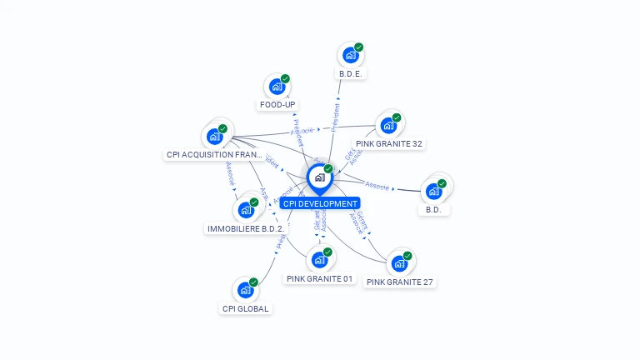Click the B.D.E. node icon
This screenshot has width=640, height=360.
click(x=351, y=56)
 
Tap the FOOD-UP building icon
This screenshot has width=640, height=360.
click(x=277, y=87)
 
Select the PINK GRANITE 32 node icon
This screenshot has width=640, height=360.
click(x=387, y=126)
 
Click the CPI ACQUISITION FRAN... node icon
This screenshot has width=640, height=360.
click(x=214, y=136)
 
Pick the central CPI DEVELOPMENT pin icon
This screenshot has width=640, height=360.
click(x=319, y=177)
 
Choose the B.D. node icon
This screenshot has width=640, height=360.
click(x=433, y=191)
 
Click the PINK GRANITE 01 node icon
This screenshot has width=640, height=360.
click(x=319, y=260)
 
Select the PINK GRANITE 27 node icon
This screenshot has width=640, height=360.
click(x=399, y=263)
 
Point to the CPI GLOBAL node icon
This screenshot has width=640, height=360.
click(x=245, y=290)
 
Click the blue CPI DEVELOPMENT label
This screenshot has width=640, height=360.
click(x=320, y=203)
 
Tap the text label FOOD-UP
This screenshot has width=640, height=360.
click(x=277, y=105)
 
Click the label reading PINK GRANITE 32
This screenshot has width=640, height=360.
click(x=389, y=144)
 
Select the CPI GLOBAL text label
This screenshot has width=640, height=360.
click(x=246, y=308)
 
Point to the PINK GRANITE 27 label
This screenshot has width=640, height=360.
click(x=400, y=282)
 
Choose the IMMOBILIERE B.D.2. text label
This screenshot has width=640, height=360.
click(x=246, y=228)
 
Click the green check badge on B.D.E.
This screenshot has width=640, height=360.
click(x=358, y=47)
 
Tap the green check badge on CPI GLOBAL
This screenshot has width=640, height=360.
click(x=253, y=282)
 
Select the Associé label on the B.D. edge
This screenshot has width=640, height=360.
click(x=377, y=185)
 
